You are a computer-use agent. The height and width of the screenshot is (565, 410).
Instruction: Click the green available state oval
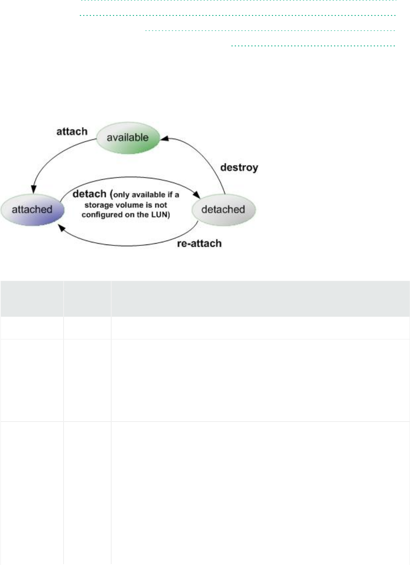(129, 137)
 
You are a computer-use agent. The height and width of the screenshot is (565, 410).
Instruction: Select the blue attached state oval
(34, 208)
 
